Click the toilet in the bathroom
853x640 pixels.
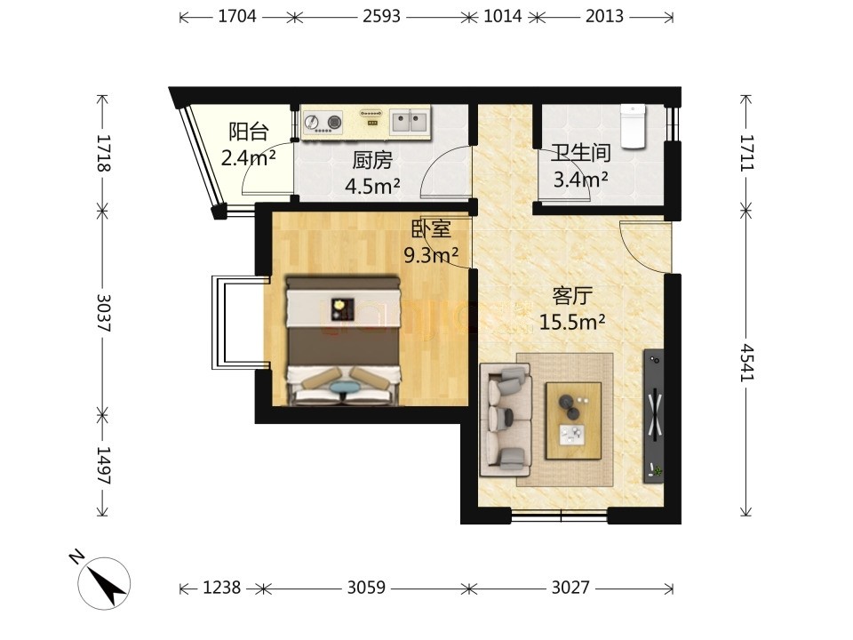tap(633, 126)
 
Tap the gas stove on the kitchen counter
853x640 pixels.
tap(323, 122)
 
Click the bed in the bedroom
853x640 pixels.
tap(343, 340)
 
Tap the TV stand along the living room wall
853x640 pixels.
tap(653, 416)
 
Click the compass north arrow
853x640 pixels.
tap(108, 584)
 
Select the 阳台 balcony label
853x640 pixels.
tap(249, 132)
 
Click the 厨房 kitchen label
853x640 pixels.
tap(372, 160)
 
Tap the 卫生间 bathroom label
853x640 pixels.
tap(580, 153)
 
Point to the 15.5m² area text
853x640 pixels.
tap(572, 322)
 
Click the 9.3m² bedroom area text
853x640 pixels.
tap(431, 254)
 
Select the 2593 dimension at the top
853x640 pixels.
tap(381, 16)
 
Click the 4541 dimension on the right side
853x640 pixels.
tap(746, 363)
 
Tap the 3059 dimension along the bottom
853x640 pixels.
tap(366, 588)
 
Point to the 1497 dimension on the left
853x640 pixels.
tap(103, 465)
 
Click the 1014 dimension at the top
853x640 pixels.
tap(503, 16)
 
